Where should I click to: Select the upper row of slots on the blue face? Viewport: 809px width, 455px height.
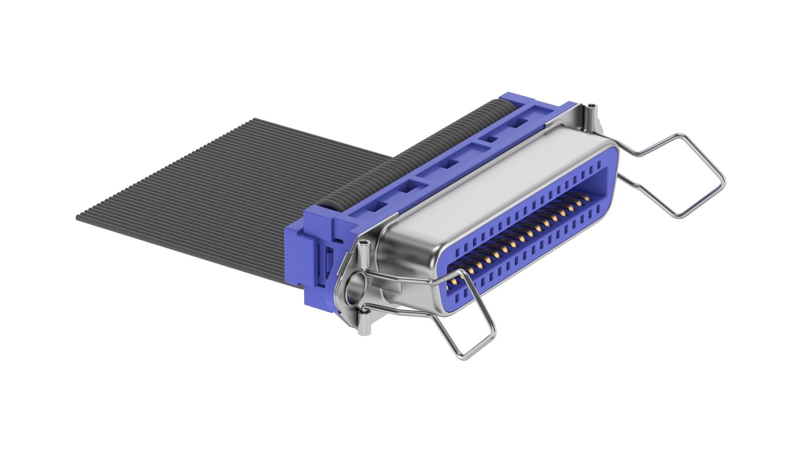(531, 205)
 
